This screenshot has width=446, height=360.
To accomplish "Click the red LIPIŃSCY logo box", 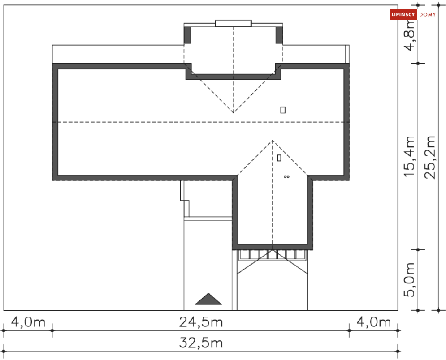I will (x=403, y=15).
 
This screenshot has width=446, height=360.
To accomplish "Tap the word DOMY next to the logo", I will (x=428, y=15).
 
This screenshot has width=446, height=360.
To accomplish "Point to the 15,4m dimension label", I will (x=410, y=155).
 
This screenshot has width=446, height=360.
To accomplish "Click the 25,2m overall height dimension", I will (x=430, y=157).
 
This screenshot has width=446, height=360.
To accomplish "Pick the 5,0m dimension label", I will (x=410, y=280).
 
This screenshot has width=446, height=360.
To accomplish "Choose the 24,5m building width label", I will (x=201, y=322).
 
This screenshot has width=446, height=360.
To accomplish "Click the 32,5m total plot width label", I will (x=201, y=343).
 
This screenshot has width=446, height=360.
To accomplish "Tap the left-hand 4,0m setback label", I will (x=27, y=322).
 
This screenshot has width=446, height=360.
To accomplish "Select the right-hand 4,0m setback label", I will (x=373, y=322).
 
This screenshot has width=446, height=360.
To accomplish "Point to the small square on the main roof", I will (x=283, y=110).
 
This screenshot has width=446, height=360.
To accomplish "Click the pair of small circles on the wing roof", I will (x=286, y=177).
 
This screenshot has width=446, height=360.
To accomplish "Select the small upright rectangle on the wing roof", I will (x=279, y=158).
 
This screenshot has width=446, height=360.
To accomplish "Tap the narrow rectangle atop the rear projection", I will (x=233, y=23).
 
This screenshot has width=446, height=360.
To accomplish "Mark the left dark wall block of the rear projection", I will (x=187, y=35).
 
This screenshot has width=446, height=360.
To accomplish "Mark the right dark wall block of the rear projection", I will (x=279, y=35).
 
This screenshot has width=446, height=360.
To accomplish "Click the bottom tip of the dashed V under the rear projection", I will (x=233, y=112).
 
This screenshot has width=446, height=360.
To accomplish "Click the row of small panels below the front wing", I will (x=273, y=254).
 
